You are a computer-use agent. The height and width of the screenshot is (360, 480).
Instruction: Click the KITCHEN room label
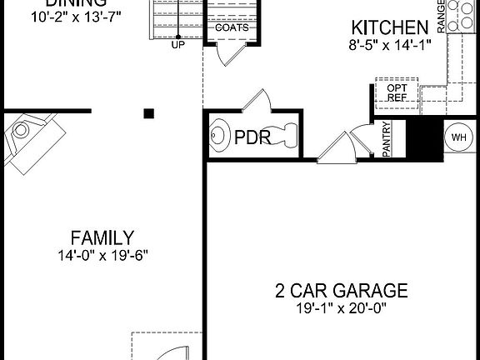pyautogui.click(x=384, y=27)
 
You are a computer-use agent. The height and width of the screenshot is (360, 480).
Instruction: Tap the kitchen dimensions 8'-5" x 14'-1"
pyautogui.click(x=389, y=47)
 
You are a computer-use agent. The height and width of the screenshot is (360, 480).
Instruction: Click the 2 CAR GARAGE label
pyautogui.click(x=342, y=291)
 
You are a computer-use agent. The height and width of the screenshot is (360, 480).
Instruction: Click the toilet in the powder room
pyautogui.click(x=283, y=135)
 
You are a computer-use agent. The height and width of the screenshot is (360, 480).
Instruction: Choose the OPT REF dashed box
pyautogui.click(x=396, y=92)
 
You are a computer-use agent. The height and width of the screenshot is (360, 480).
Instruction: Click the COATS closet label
pyautogui.click(x=231, y=27)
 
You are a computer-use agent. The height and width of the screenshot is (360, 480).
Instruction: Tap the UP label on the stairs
pyautogui.click(x=177, y=45)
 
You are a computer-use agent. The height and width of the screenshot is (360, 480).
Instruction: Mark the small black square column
pyautogui.click(x=149, y=113)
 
